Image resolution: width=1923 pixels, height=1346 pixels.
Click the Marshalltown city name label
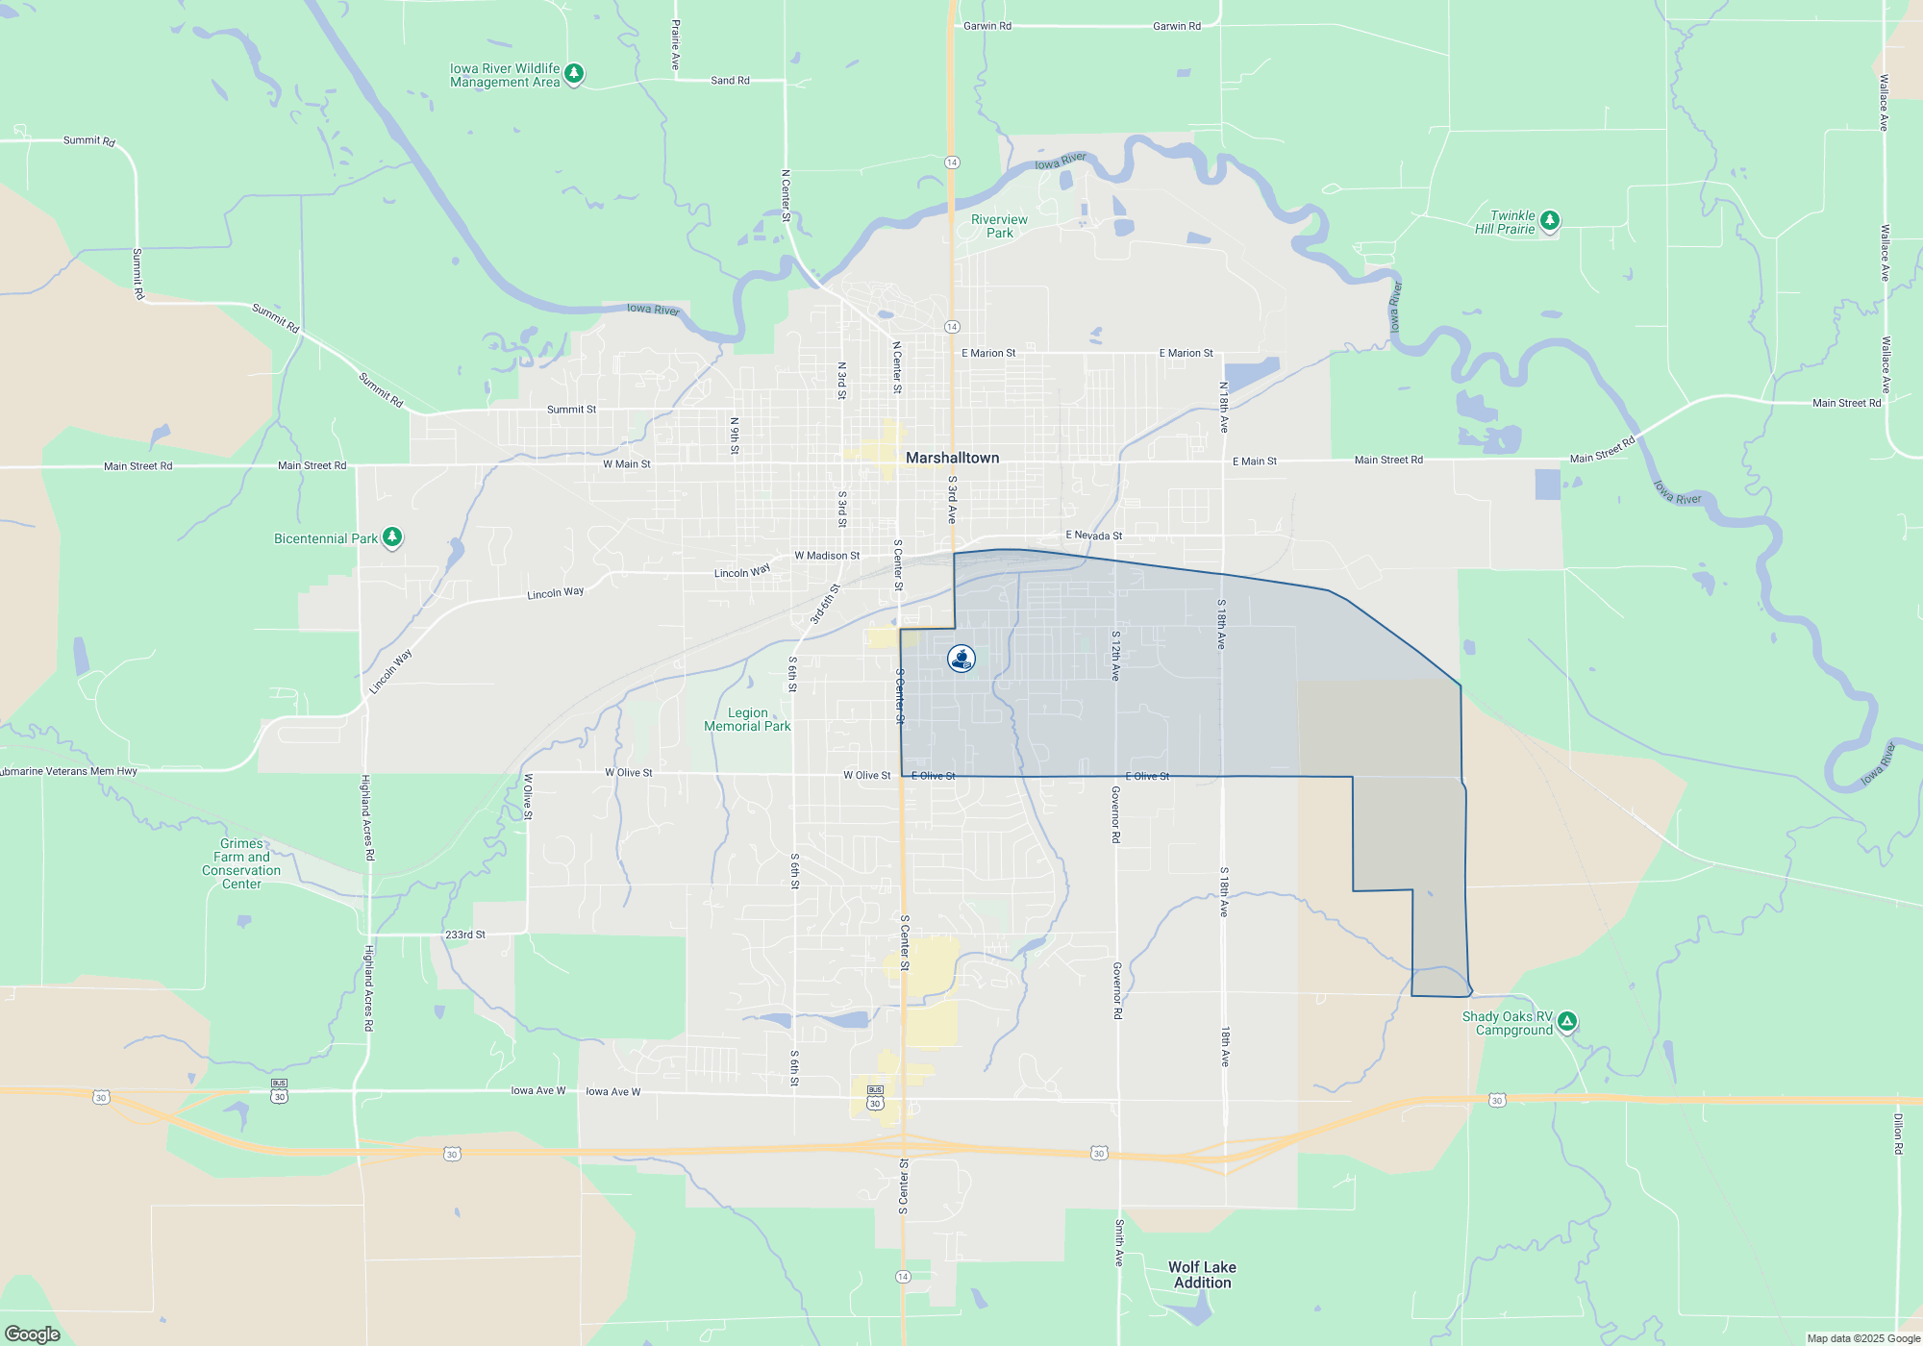click(x=952, y=458)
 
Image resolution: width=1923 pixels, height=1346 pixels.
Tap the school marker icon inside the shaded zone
click(x=961, y=659)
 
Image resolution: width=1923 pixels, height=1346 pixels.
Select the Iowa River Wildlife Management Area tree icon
click(x=574, y=73)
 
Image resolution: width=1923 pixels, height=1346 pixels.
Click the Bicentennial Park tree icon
click(x=392, y=536)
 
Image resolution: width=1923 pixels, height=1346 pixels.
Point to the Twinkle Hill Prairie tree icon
click(x=1550, y=220)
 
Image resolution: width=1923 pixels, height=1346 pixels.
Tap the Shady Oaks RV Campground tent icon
click(x=1567, y=1021)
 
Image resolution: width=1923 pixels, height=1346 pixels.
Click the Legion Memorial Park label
click(x=747, y=719)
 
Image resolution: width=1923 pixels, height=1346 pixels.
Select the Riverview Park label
click(x=999, y=226)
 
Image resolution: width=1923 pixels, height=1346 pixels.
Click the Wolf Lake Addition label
click(x=1202, y=1275)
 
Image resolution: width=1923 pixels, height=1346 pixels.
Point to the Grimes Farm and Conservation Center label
click(x=241, y=863)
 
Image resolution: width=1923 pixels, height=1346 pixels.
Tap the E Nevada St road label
click(x=1093, y=536)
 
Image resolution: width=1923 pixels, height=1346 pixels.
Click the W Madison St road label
click(x=827, y=556)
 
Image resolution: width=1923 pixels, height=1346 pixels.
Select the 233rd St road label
click(x=465, y=935)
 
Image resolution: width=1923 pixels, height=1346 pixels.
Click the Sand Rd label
click(x=730, y=81)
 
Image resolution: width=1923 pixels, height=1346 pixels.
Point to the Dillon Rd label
click(x=1898, y=1134)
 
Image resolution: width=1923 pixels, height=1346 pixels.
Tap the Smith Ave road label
click(x=1119, y=1242)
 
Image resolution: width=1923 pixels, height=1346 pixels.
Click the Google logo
click(x=33, y=1334)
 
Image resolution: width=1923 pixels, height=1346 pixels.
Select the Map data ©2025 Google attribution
click(x=1863, y=1338)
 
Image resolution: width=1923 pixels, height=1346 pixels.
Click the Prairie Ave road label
click(x=675, y=44)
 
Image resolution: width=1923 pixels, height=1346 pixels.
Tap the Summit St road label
click(x=571, y=410)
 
